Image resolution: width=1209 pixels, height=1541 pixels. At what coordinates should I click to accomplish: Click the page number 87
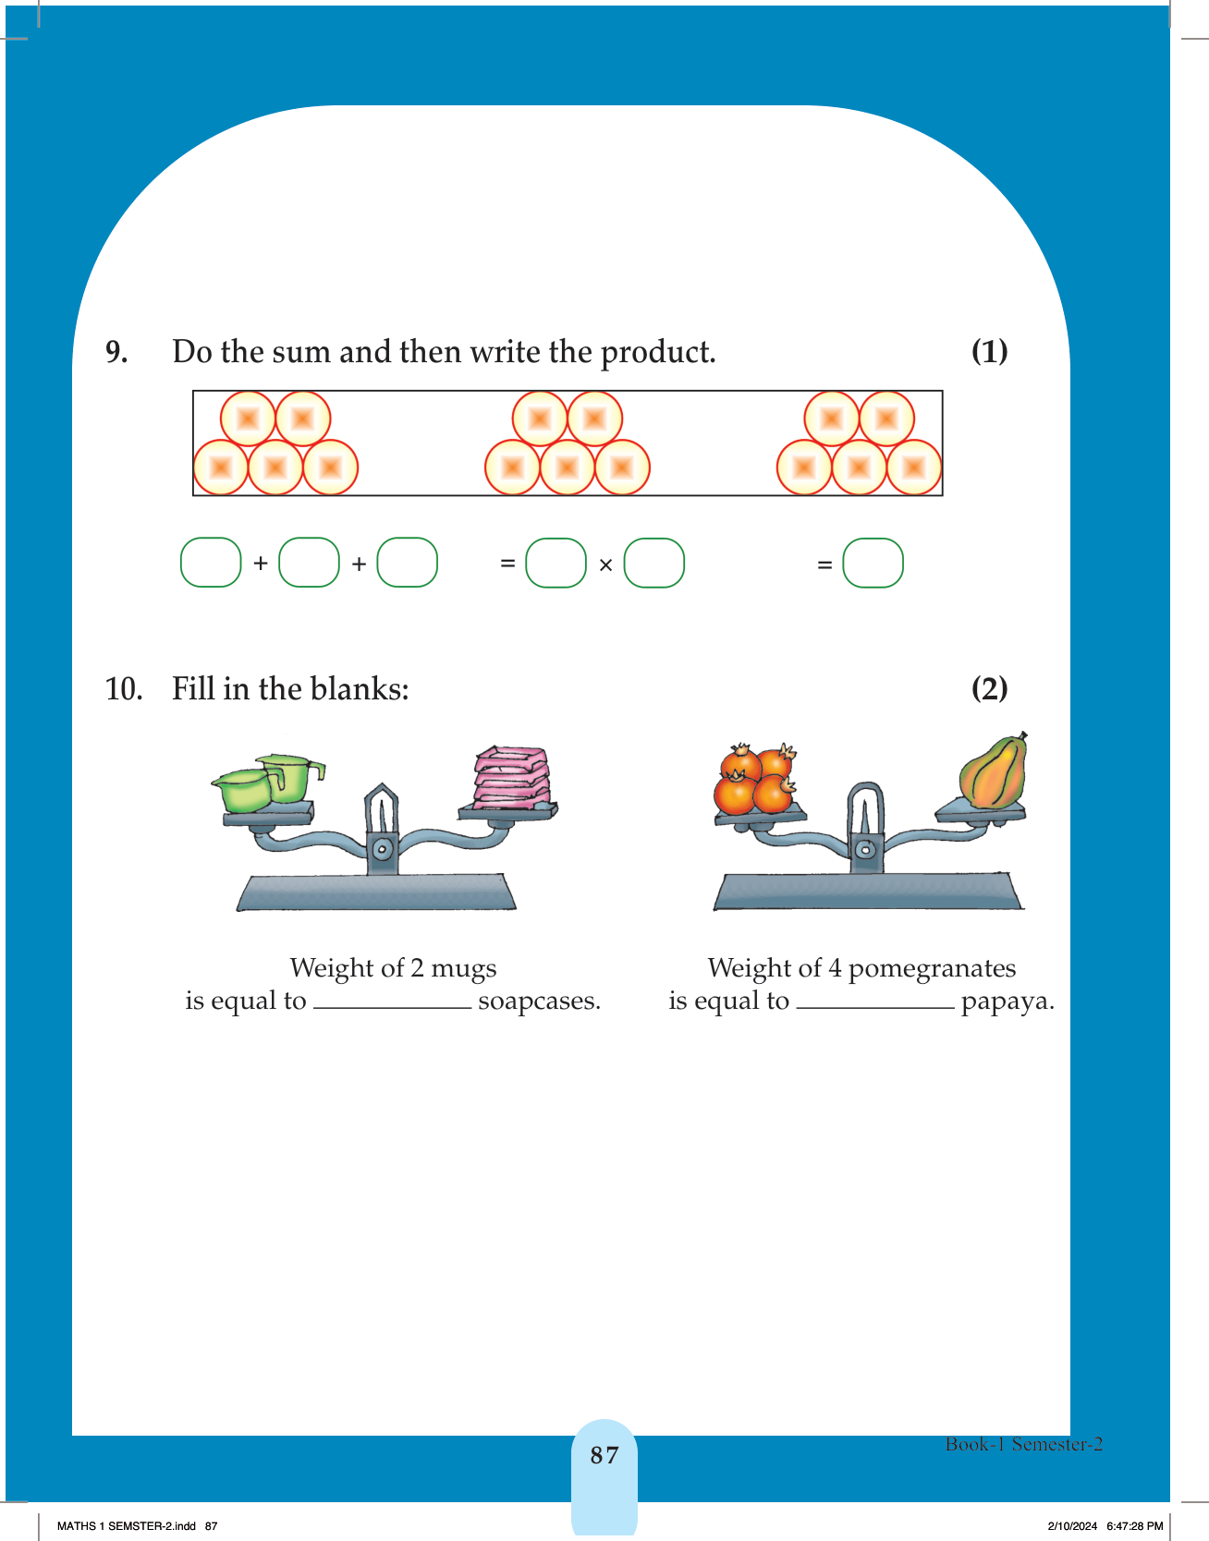click(604, 1455)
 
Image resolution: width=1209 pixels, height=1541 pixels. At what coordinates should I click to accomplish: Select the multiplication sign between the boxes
click(605, 564)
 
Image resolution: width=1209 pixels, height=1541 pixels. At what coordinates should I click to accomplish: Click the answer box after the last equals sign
click(873, 563)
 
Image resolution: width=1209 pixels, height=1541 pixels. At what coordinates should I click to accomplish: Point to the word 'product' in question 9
click(657, 353)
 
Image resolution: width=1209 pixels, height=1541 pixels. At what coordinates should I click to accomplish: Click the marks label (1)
click(989, 351)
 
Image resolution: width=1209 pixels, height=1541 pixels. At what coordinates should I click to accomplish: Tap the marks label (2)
click(989, 688)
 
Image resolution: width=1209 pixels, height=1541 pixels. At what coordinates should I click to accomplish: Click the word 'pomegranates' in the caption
click(932, 969)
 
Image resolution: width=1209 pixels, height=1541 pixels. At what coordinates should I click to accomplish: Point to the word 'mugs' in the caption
click(464, 969)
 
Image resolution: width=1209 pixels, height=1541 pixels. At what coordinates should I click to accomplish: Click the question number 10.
click(124, 689)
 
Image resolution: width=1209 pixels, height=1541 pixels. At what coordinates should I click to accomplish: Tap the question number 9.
click(116, 352)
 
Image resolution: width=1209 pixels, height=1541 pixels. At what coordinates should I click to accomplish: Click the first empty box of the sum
click(211, 563)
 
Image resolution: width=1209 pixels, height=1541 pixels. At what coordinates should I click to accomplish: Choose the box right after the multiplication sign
click(654, 563)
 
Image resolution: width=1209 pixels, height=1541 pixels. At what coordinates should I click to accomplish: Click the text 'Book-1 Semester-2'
click(1024, 1444)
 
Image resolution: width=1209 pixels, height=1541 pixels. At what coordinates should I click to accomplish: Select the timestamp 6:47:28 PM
click(1135, 1526)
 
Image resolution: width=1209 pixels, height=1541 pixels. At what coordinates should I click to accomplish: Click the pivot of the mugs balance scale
click(382, 848)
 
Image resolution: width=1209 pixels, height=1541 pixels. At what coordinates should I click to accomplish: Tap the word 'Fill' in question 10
click(193, 689)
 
